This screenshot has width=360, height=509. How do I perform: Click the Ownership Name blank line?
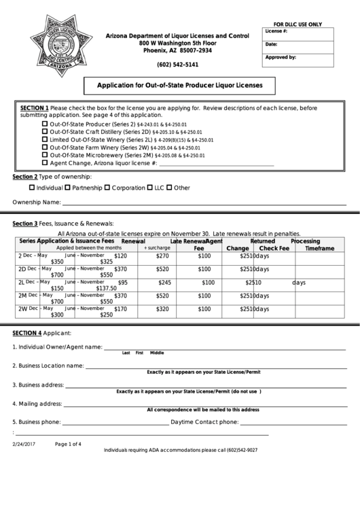pyautogui.click(x=204, y=203)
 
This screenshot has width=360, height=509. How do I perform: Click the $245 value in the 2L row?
pyautogui.click(x=164, y=282)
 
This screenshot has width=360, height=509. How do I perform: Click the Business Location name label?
pyautogui.click(x=48, y=366)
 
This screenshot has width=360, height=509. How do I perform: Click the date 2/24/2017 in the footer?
pyautogui.click(x=23, y=444)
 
